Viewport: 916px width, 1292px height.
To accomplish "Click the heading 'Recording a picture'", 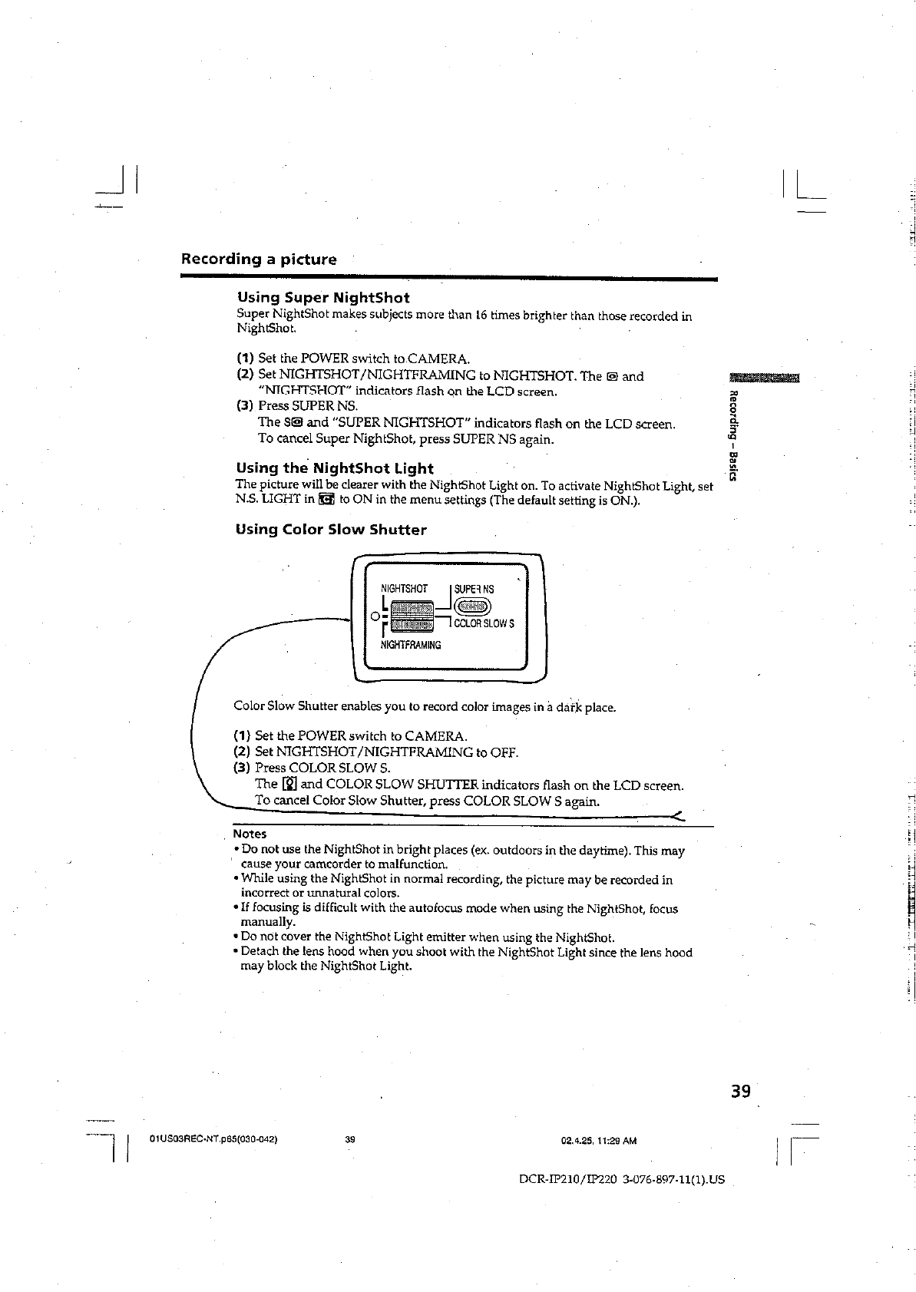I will coord(258,259).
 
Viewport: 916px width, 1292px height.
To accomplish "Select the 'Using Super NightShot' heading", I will coord(323,298).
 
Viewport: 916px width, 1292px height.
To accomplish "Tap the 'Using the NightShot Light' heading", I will coord(335,468).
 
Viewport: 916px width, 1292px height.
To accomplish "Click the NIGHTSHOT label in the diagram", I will coord(404,589).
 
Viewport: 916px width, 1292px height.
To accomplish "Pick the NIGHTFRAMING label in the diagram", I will coord(411,645).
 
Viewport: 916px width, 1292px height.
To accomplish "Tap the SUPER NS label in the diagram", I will coord(475,589).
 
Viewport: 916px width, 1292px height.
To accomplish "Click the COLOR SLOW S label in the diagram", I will coord(484,623).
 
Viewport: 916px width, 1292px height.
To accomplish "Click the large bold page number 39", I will coord(740,1092).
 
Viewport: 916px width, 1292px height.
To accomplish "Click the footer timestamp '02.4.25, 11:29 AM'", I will coord(599,1141).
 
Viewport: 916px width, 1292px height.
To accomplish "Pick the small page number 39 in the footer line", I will coord(349,1140).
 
